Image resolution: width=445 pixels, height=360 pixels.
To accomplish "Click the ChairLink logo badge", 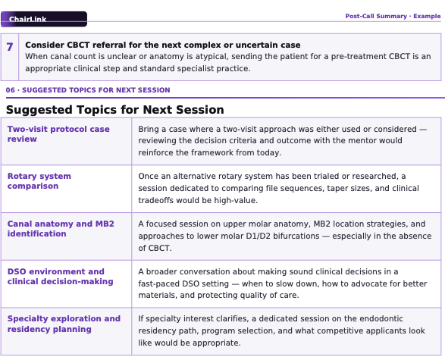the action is (44, 19).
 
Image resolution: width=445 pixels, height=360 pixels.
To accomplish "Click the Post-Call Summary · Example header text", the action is (393, 16).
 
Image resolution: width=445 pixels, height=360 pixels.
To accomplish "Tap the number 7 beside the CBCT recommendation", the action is (10, 47).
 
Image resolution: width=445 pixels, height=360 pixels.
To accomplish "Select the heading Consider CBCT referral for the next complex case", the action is (163, 45).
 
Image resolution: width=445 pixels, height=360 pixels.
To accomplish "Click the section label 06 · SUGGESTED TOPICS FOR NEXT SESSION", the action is (88, 90).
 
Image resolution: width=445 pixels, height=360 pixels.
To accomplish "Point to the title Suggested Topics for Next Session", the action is (115, 110).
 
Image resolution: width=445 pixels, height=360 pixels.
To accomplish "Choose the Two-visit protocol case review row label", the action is (58, 134).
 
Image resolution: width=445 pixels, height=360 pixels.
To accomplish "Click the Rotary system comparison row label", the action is (39, 181).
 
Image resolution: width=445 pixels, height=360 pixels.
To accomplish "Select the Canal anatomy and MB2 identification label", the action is (61, 229).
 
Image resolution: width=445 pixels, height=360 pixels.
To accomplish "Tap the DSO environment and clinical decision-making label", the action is (60, 277).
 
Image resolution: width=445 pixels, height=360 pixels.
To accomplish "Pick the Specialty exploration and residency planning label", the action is (64, 324).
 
